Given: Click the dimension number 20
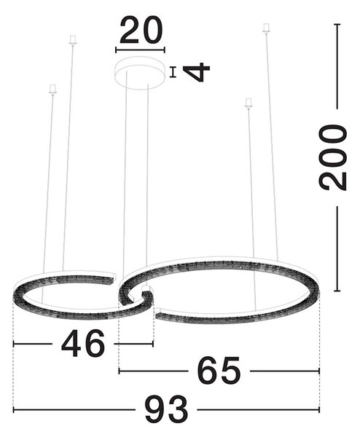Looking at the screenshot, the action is tap(141, 30).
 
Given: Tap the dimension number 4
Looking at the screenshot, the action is tap(196, 72).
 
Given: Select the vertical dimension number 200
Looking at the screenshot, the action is tap(333, 158).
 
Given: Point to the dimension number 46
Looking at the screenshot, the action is tap(83, 343).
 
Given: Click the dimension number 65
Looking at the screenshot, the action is tap(219, 371).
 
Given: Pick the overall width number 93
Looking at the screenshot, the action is tap(166, 409).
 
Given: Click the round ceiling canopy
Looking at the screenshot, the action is tap(140, 73).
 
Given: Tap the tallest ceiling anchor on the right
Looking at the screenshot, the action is tap(267, 28).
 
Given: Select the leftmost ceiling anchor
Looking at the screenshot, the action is tap(52, 90).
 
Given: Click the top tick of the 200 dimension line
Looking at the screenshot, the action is tap(337, 25).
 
